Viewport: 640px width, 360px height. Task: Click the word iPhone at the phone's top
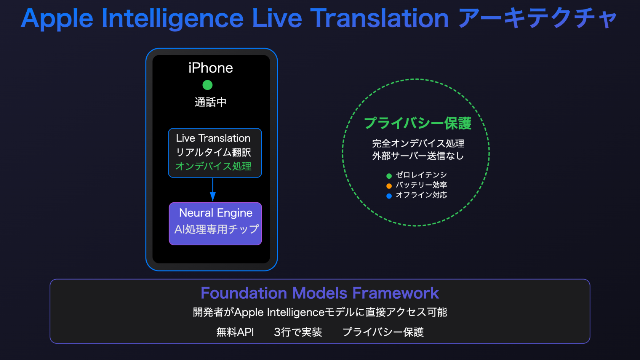[x=211, y=68]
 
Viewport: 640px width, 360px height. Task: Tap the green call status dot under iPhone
[x=207, y=85]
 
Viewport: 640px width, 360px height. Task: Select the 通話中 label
[x=211, y=102]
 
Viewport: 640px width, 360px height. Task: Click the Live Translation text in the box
[x=213, y=138]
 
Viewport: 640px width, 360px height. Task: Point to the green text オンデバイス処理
[x=213, y=166]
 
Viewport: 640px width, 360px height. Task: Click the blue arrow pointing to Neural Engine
[x=213, y=189]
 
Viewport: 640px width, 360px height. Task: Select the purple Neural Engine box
[x=216, y=224]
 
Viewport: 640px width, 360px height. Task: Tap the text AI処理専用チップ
[x=216, y=229]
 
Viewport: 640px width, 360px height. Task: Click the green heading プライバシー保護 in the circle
[x=418, y=123]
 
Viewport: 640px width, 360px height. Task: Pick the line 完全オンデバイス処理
[x=418, y=143]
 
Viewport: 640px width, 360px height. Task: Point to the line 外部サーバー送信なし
[x=418, y=156]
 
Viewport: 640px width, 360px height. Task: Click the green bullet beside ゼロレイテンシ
[x=389, y=176]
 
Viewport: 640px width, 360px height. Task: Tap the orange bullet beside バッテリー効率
[x=389, y=186]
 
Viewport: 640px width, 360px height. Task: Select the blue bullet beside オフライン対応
[x=389, y=196]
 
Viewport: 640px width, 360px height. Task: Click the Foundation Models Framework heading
[x=320, y=293]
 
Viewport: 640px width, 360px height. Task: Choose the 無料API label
[x=235, y=332]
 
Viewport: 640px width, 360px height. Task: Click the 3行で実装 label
[x=298, y=332]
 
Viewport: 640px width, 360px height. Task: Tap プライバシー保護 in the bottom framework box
[x=383, y=332]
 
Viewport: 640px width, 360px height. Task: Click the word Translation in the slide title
[x=379, y=18]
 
